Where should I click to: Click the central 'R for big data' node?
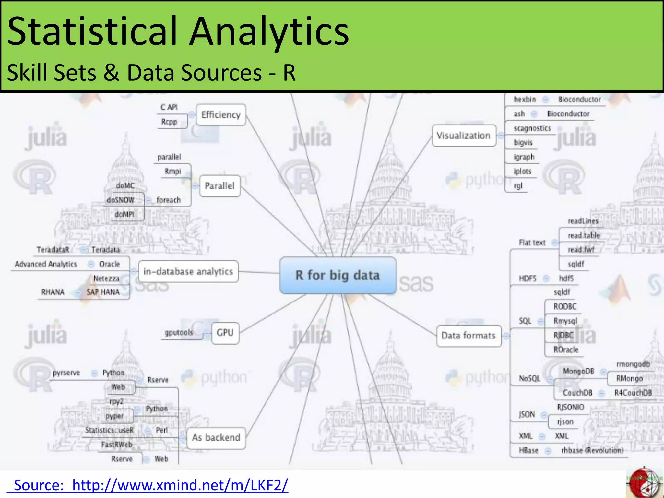pos(338,275)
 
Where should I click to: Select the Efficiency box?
pos(221,115)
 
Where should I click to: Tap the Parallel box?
pos(219,186)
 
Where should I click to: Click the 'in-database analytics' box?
pos(188,271)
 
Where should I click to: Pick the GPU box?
pos(225,333)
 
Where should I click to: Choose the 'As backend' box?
pos(216,438)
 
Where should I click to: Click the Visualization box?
pos(463,136)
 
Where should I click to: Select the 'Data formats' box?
pos(468,336)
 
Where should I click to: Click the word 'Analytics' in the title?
pos(269,31)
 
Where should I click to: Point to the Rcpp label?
pos(169,122)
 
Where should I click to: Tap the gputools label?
pos(179,333)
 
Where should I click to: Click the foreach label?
pos(168,200)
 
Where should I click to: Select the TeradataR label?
pos(53,250)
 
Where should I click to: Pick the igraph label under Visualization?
pos(524,157)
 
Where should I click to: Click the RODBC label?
pos(565,306)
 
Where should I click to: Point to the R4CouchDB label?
pos(633,393)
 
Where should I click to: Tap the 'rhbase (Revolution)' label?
pos(592,450)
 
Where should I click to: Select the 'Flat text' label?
pos(532,243)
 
